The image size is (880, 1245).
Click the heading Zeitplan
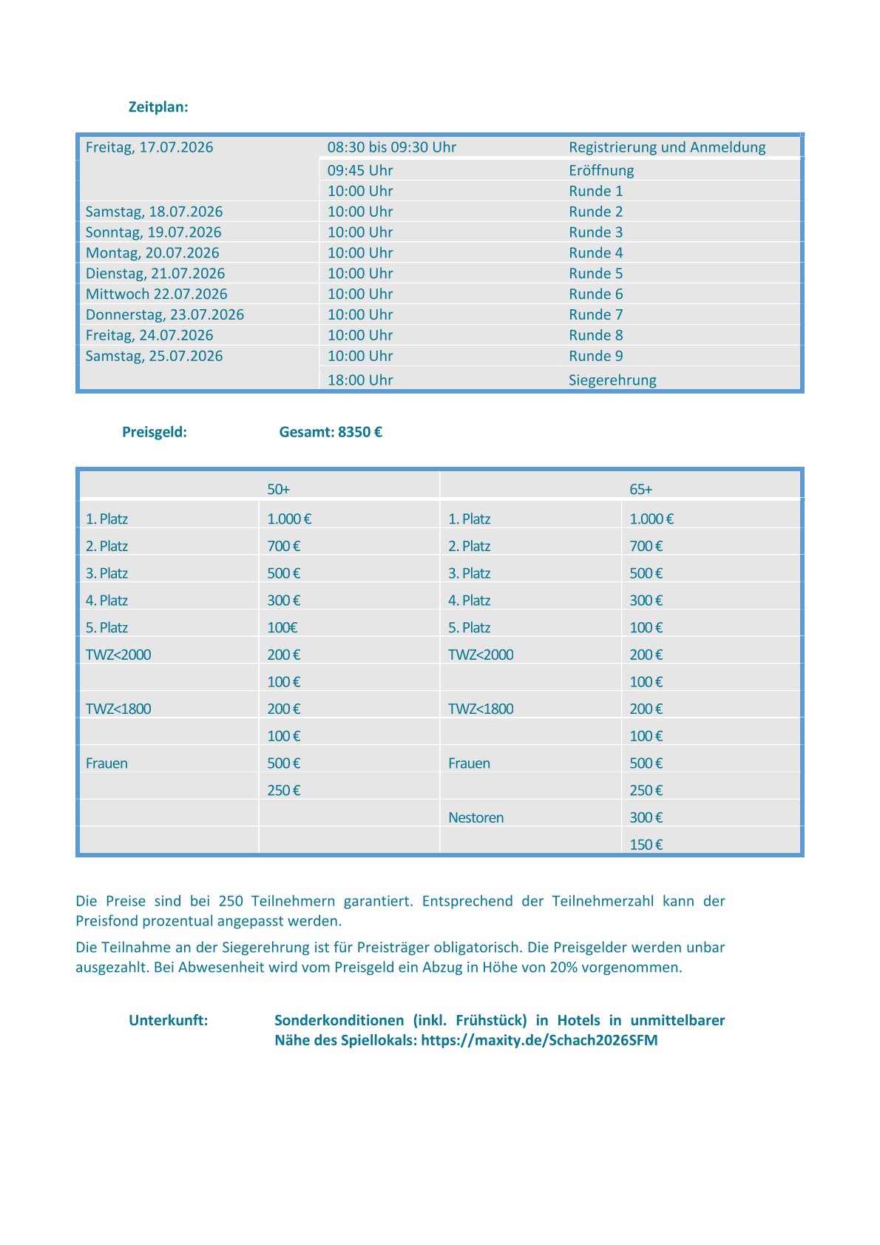click(x=158, y=107)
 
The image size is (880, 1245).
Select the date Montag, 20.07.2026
click(x=152, y=253)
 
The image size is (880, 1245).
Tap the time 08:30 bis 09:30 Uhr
click(x=391, y=147)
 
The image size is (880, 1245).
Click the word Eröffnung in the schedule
click(x=601, y=170)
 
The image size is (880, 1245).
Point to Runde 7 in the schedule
click(x=595, y=314)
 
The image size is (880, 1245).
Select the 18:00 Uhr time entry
click(x=360, y=380)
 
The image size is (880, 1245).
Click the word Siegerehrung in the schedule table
click(x=612, y=380)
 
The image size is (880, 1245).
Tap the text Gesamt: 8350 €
click(x=331, y=432)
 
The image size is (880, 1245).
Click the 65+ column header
click(x=640, y=489)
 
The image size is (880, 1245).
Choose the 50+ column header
click(x=278, y=489)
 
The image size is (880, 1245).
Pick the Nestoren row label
click(x=475, y=817)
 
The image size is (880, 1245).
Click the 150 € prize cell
click(x=646, y=845)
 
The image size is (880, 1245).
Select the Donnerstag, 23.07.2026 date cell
click(x=164, y=314)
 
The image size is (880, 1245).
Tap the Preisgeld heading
click(x=155, y=432)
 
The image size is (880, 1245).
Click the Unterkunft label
click(x=169, y=1020)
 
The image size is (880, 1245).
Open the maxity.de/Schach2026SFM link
click(x=539, y=1040)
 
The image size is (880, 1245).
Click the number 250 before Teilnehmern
click(x=231, y=901)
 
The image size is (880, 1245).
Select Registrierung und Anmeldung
click(x=667, y=147)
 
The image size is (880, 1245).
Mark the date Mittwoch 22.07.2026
click(x=156, y=294)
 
